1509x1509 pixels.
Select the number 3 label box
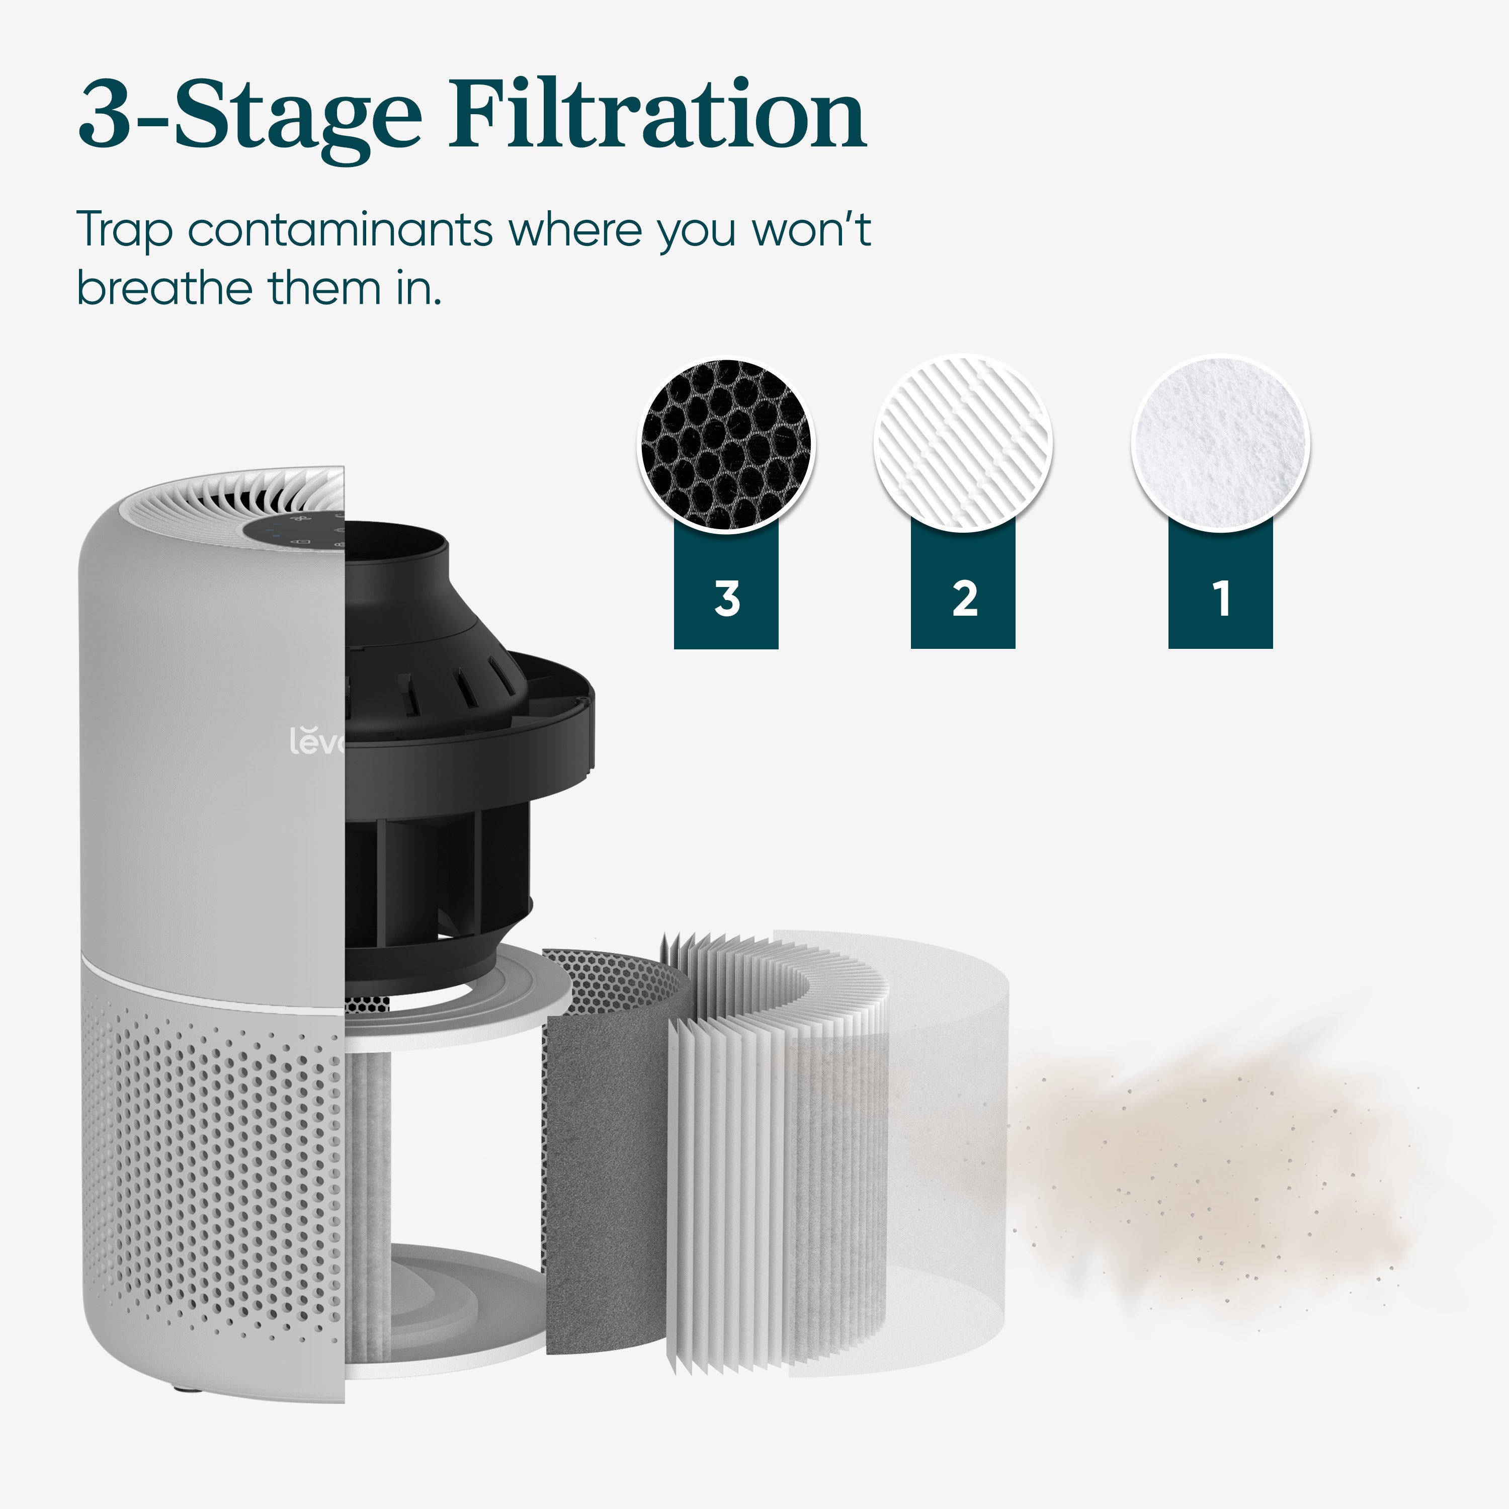726,598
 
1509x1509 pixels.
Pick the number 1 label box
1220,598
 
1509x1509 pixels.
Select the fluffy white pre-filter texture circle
1220,444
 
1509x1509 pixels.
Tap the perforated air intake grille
211,1171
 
